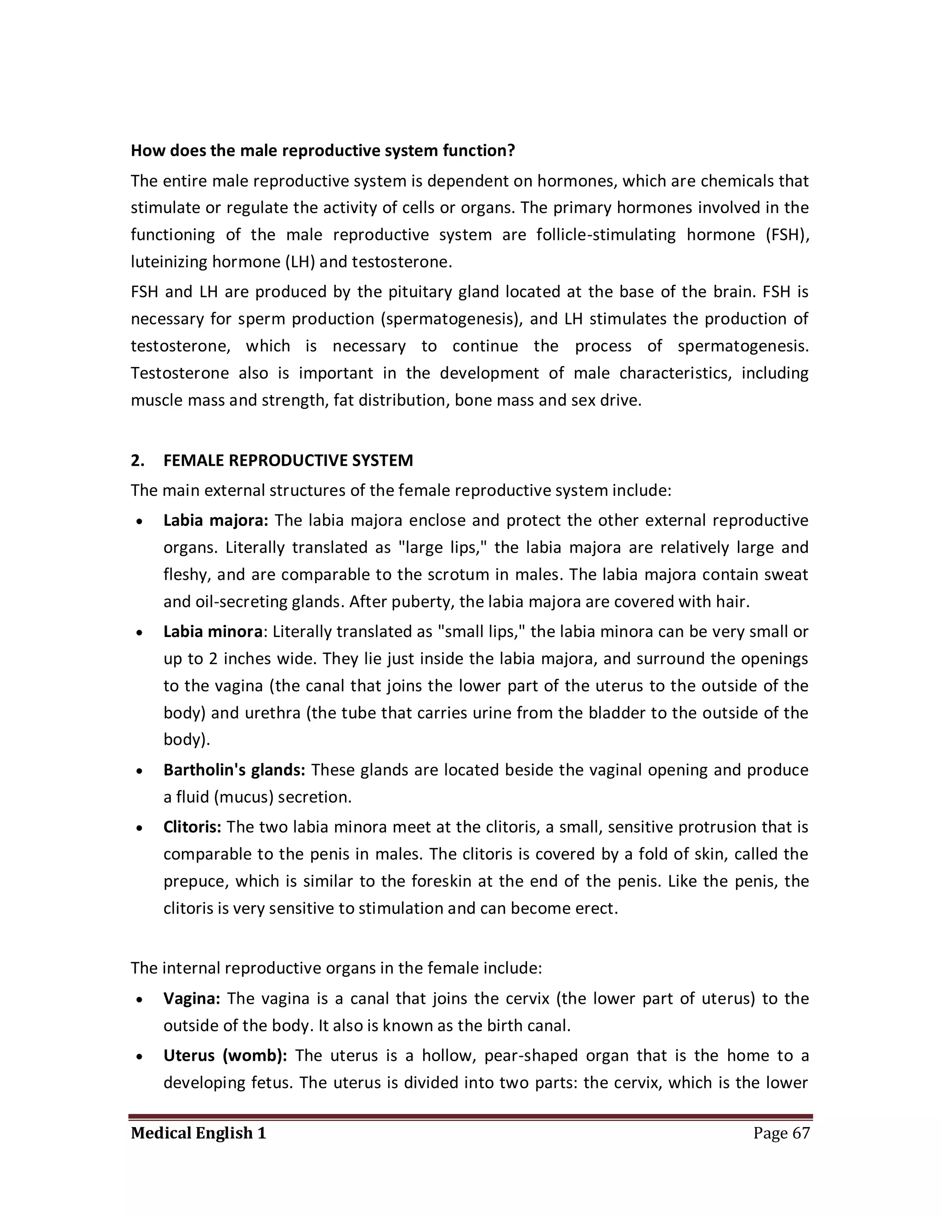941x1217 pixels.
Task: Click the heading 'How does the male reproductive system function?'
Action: pos(323,151)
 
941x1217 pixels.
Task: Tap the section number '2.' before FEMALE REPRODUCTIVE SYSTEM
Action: pos(138,460)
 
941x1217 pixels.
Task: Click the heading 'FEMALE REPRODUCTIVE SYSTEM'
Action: pos(288,460)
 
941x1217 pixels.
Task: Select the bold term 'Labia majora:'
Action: pos(216,520)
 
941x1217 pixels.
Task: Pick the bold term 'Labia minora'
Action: pos(212,631)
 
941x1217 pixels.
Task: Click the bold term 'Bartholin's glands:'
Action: pos(234,770)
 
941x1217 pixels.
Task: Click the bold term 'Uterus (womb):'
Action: pos(225,1055)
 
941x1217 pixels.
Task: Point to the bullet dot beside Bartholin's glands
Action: pos(140,771)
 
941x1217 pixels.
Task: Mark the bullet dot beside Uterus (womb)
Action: pos(140,1057)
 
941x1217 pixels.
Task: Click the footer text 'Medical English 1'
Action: pos(198,1133)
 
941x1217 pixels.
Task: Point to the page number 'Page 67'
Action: pos(781,1133)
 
